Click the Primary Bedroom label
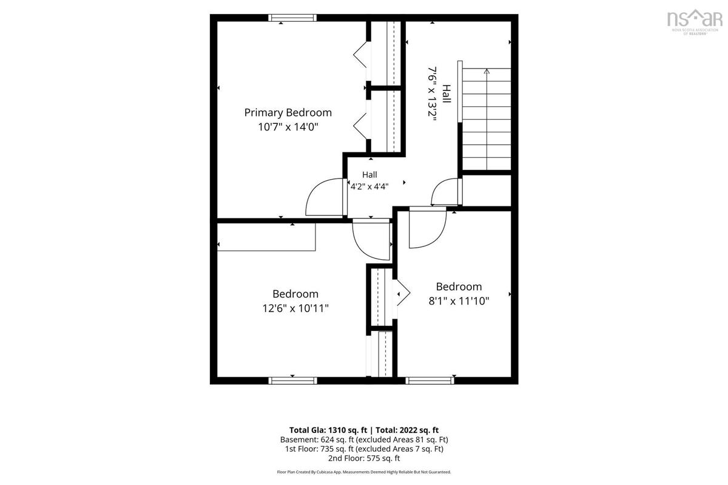[288, 113]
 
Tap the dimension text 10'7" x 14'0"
[288, 127]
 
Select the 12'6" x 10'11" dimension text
[295, 308]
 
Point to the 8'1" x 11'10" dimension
[459, 301]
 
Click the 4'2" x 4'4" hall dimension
[369, 187]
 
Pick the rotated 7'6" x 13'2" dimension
[432, 93]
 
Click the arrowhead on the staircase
[487, 71]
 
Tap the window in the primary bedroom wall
[292, 18]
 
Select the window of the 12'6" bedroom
[292, 381]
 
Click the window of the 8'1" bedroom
[430, 381]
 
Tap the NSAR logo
[695, 22]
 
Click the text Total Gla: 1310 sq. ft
[328, 430]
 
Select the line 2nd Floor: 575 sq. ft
[364, 458]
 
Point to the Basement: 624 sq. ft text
[317, 440]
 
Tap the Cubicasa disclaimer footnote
[364, 472]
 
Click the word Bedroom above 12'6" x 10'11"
[295, 294]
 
